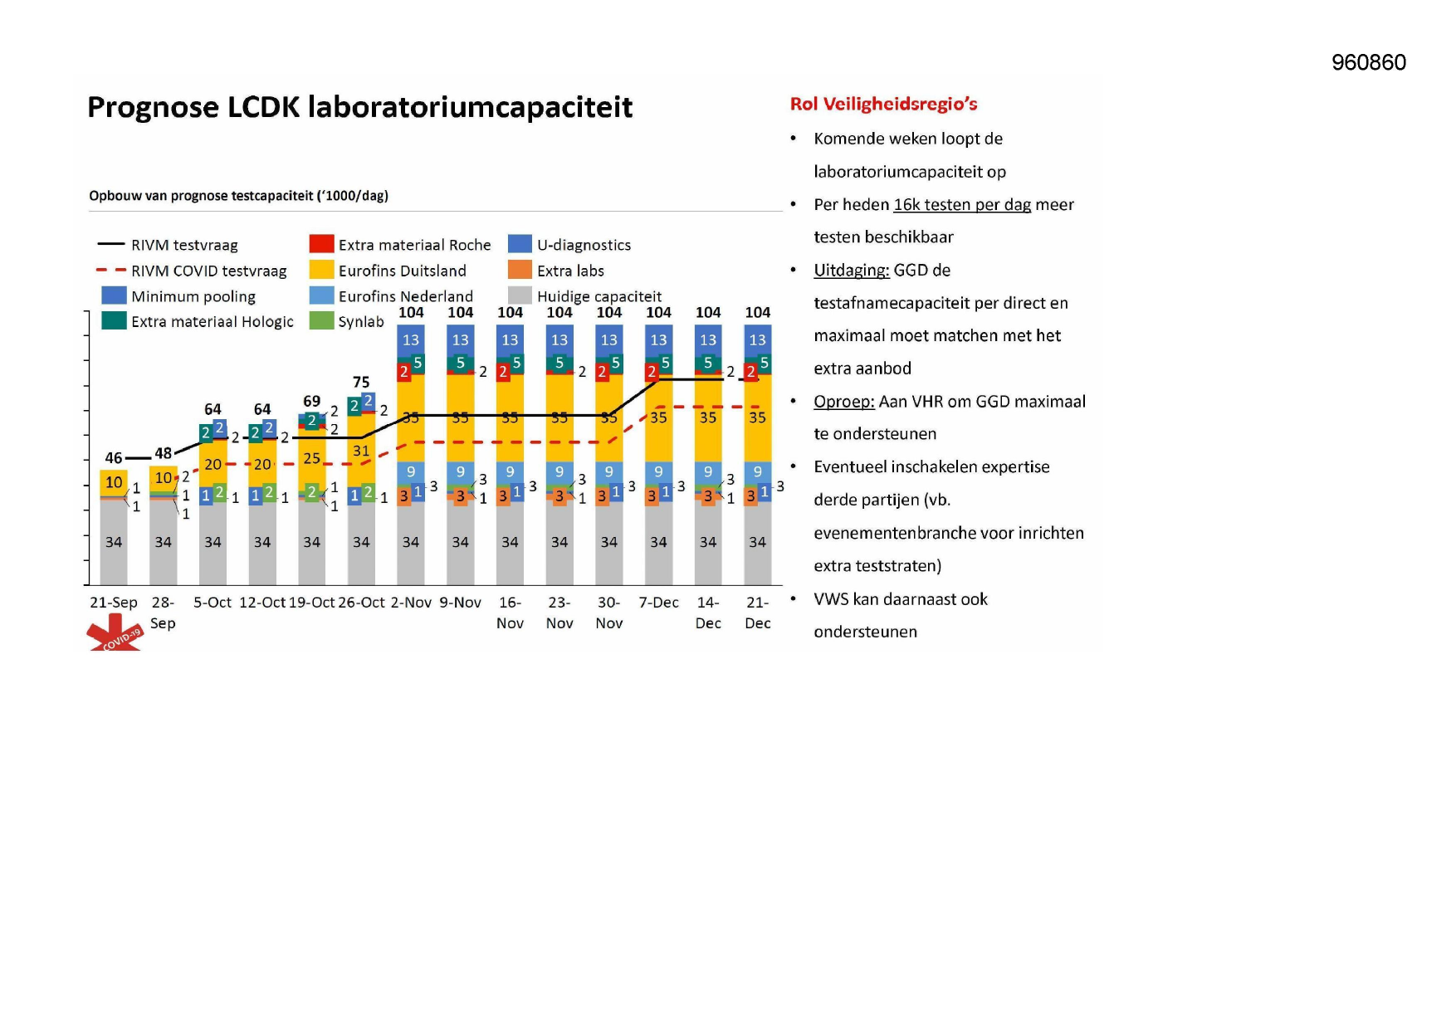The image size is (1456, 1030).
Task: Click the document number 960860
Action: pos(1368,63)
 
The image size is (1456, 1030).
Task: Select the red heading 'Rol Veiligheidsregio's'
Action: pos(883,104)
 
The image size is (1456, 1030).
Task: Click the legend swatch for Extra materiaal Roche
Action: pos(321,244)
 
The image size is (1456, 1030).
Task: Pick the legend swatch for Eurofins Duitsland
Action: pos(321,270)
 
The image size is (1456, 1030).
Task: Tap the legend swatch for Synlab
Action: pos(321,320)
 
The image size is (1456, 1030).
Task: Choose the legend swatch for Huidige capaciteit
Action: pos(520,295)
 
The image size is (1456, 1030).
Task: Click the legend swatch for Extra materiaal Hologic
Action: pos(114,320)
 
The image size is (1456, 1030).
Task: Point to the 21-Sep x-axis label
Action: pos(114,603)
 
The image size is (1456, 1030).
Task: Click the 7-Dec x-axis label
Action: pos(658,603)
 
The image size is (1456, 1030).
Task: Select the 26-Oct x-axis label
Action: pos(361,603)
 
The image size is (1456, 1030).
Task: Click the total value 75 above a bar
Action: pos(361,382)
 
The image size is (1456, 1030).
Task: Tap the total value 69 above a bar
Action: pos(311,401)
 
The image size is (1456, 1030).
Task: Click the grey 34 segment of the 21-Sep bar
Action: pos(114,542)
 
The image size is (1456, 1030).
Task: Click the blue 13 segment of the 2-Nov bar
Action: pos(411,340)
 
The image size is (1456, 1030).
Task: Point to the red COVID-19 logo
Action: pos(115,633)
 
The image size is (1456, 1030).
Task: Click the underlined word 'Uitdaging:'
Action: pos(852,271)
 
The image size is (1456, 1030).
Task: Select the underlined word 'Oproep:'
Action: pos(844,403)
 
